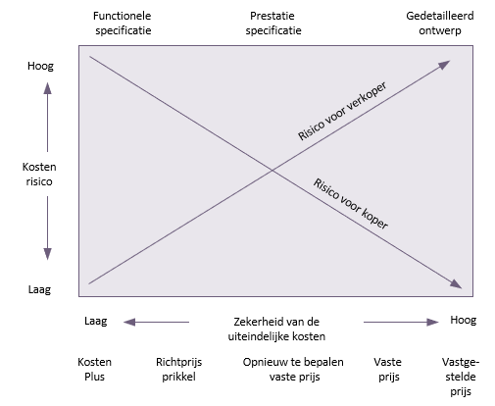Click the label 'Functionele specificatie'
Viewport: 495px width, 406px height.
pos(123,23)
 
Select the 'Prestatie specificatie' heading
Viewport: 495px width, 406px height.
pos(273,23)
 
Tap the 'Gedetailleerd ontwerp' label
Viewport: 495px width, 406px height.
pos(440,23)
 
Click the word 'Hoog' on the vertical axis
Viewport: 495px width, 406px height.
pos(40,66)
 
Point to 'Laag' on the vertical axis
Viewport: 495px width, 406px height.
pos(39,289)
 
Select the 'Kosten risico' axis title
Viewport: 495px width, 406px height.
pos(39,174)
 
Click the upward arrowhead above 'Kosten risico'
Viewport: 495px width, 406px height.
pos(48,88)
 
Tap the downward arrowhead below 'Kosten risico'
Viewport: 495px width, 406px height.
pos(48,254)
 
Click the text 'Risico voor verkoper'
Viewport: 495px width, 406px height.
pos(342,111)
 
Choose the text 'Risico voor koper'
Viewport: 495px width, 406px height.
pos(351,204)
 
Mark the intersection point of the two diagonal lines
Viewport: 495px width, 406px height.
pos(272,171)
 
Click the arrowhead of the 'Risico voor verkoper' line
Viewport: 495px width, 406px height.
pos(444,65)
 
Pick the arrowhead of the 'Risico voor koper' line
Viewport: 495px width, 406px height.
pos(456,284)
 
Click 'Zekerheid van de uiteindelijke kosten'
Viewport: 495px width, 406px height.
pos(276,329)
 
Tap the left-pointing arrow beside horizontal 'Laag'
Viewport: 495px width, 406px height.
pos(156,323)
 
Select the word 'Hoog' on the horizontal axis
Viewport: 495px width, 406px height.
pos(463,320)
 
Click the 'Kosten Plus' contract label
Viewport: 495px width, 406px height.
pos(94,369)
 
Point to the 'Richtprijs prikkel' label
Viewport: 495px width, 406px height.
pos(178,369)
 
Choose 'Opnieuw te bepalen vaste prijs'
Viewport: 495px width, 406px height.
pos(293,369)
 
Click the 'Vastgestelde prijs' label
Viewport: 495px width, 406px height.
pos(461,377)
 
